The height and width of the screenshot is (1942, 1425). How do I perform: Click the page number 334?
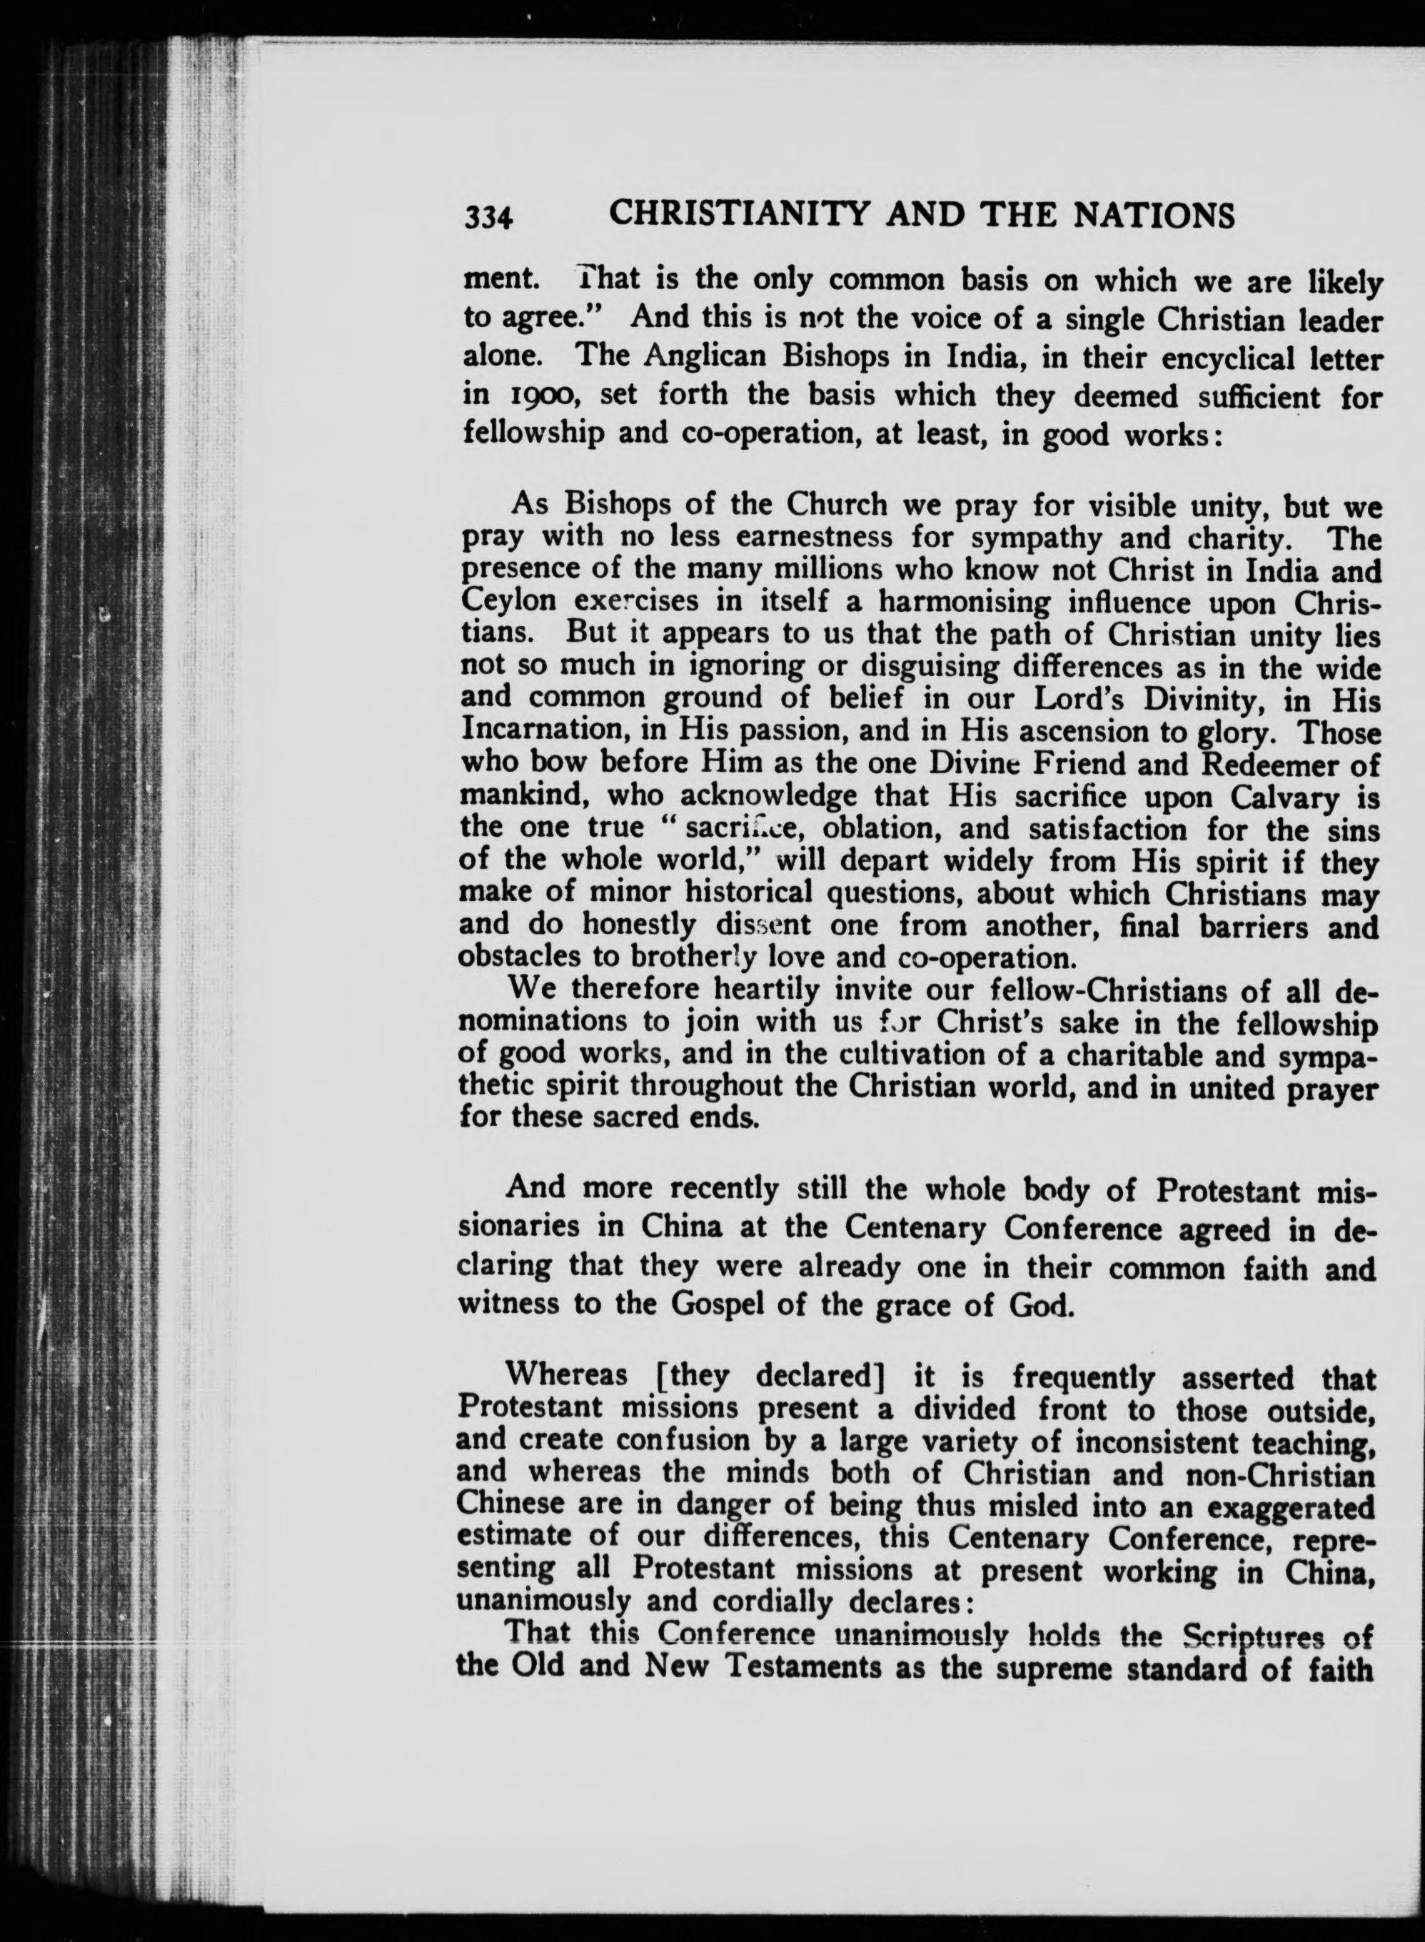click(489, 218)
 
